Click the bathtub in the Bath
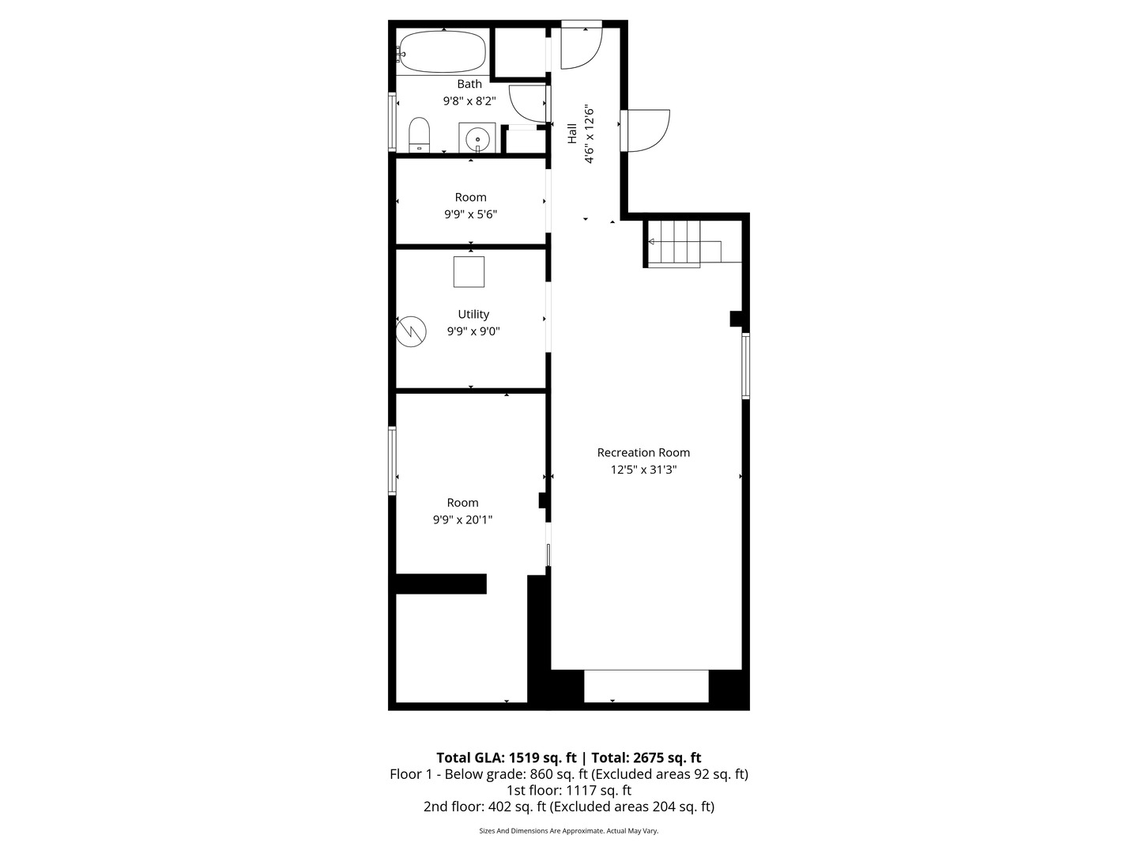point(442,51)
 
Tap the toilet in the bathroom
point(419,134)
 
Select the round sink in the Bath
point(477,139)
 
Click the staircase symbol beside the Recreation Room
point(674,243)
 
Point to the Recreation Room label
point(643,452)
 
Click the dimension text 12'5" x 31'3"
point(643,470)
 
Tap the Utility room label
point(473,314)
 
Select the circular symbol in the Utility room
point(410,331)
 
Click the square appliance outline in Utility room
point(469,271)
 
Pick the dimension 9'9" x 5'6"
point(470,214)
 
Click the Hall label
point(571,133)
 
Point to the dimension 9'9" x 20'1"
point(462,520)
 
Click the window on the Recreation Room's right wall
point(745,365)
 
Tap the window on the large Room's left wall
point(392,461)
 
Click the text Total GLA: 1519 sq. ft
point(506,758)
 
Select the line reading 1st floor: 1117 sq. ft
point(568,790)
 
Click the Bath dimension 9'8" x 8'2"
point(469,101)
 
